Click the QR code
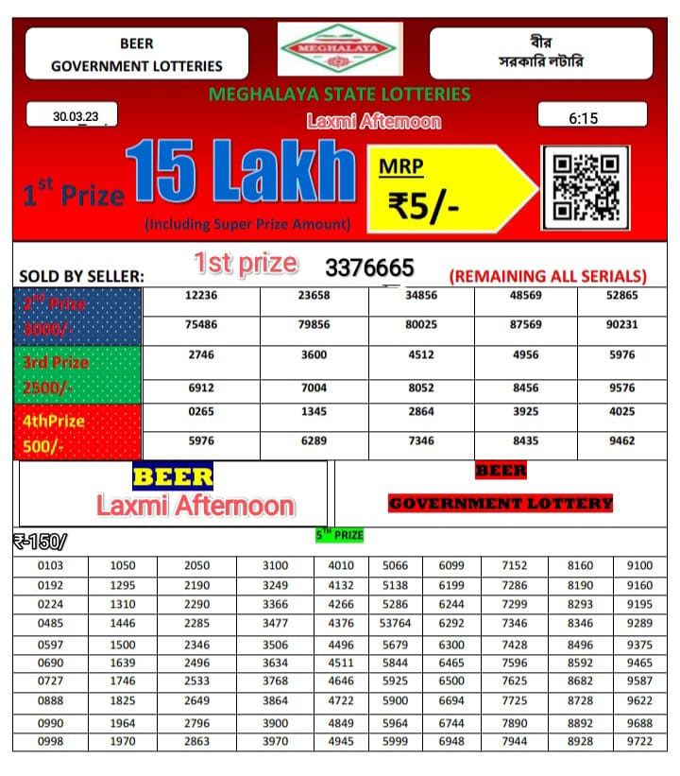click(585, 187)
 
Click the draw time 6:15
click(583, 118)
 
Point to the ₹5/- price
click(424, 204)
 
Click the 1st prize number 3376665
click(369, 268)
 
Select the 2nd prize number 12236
click(201, 296)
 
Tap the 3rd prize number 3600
click(314, 354)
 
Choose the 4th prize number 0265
click(201, 411)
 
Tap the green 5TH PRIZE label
click(339, 535)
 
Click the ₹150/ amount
click(40, 541)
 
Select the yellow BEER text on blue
click(173, 475)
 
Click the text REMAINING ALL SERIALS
click(548, 276)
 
